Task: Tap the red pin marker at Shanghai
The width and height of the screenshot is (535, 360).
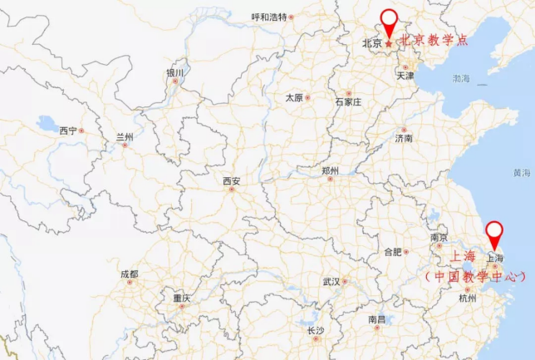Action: (x=495, y=233)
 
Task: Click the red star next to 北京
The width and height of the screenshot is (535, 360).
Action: (x=389, y=42)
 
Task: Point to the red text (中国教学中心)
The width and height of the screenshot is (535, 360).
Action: (x=475, y=276)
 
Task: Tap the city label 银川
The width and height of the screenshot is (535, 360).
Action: (x=174, y=73)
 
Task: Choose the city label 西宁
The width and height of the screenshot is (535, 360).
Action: (x=68, y=131)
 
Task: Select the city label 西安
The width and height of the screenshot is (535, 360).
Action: (x=231, y=181)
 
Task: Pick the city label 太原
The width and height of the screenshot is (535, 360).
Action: (x=294, y=97)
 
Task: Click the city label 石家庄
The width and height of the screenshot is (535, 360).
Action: (x=348, y=101)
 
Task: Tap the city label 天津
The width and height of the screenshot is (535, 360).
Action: (x=405, y=75)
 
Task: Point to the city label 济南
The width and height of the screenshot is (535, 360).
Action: (x=404, y=138)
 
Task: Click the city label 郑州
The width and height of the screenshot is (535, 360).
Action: (x=330, y=170)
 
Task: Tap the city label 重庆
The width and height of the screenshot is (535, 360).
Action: (x=182, y=298)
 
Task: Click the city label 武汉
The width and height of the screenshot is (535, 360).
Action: (x=331, y=281)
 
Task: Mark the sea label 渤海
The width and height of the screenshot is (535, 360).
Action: (x=461, y=78)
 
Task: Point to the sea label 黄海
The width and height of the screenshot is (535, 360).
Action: (x=521, y=173)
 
